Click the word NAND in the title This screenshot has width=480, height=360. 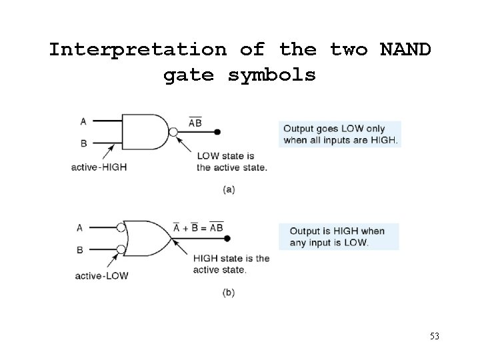(x=405, y=50)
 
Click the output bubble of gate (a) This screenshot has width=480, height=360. (x=173, y=132)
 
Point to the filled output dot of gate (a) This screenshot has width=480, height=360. (x=218, y=132)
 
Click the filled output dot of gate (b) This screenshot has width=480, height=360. (x=227, y=238)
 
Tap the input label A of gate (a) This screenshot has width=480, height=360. (x=83, y=121)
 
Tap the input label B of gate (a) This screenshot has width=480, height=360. (x=83, y=143)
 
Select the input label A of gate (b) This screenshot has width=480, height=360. (x=80, y=227)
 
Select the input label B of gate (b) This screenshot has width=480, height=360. (x=80, y=249)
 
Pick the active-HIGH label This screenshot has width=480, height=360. (x=99, y=167)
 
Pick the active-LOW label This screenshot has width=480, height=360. (x=102, y=275)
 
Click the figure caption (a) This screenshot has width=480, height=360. (x=229, y=189)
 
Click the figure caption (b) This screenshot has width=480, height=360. (x=229, y=293)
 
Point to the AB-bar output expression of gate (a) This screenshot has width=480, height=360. (x=195, y=123)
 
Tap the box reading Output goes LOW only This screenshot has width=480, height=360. (x=340, y=134)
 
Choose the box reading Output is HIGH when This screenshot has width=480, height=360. (x=339, y=237)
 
